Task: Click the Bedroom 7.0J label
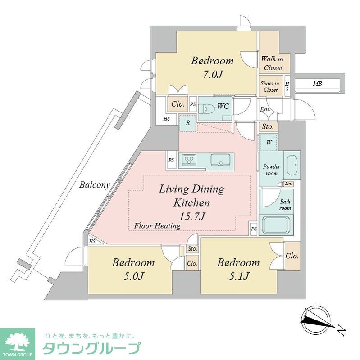(x=212, y=67)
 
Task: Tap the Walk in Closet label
(x=272, y=63)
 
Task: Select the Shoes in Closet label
(x=270, y=87)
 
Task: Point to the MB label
(x=318, y=84)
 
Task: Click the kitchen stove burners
(x=188, y=160)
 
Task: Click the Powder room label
(x=272, y=170)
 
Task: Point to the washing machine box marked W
(x=269, y=143)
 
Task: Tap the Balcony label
(x=95, y=185)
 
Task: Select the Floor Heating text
(x=157, y=226)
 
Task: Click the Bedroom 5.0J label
(x=133, y=269)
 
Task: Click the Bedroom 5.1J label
(x=238, y=269)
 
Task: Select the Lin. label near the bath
(x=287, y=184)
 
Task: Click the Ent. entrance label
(x=266, y=109)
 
